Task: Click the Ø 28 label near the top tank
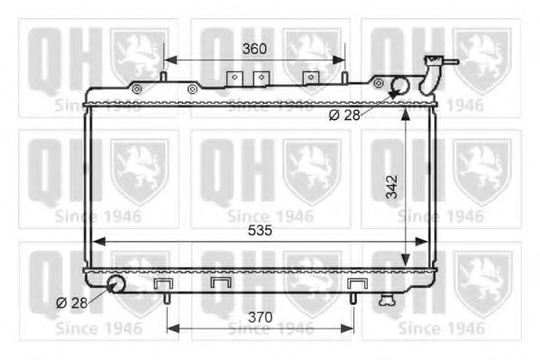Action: point(345,115)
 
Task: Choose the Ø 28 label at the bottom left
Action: point(71,302)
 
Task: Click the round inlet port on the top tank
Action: point(398,86)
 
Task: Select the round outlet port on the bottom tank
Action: point(115,285)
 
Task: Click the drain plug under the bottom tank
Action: point(388,297)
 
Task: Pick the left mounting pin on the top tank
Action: point(163,77)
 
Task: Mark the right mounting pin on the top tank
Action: point(344,77)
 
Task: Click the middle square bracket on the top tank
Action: point(261,79)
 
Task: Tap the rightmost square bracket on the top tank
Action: point(312,79)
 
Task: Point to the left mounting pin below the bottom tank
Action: point(166,295)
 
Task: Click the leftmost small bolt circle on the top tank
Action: point(137,89)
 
